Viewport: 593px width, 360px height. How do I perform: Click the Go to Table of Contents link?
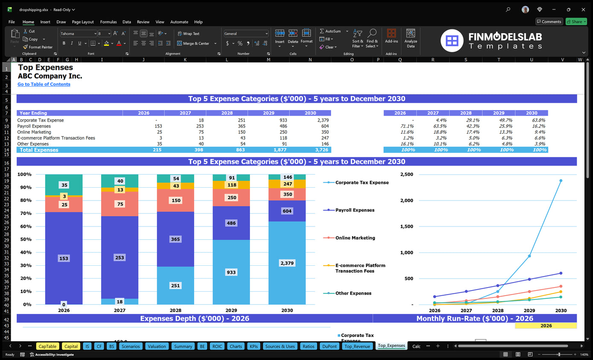point(44,84)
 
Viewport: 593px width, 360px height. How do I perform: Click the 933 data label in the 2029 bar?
point(231,272)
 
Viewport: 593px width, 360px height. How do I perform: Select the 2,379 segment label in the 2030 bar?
point(287,263)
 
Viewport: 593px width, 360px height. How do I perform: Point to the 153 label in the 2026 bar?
point(64,258)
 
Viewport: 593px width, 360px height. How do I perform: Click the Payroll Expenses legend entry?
point(355,210)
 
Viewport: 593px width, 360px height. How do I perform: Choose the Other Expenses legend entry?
point(353,293)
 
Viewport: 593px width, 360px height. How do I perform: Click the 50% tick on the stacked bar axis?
point(25,239)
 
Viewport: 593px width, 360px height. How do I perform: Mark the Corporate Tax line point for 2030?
point(561,181)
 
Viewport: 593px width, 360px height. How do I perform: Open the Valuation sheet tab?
point(157,346)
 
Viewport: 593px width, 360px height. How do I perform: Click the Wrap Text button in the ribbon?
point(189,34)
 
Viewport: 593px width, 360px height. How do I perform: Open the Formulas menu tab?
point(108,22)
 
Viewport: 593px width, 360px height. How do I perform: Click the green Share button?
point(576,22)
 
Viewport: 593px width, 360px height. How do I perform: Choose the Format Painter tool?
point(38,47)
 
